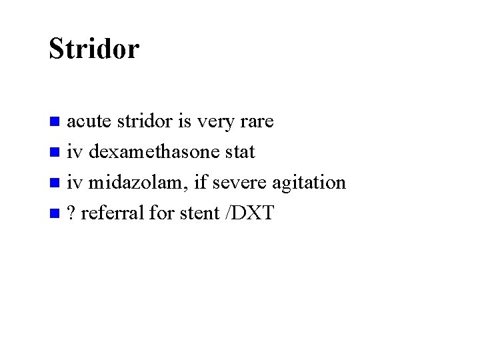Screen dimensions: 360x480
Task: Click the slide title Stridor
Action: pyautogui.click(x=94, y=49)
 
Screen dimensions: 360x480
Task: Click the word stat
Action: pyautogui.click(x=239, y=152)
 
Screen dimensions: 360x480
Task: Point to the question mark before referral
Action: pyautogui.click(x=71, y=213)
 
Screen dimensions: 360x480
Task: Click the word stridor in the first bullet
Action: pyautogui.click(x=145, y=122)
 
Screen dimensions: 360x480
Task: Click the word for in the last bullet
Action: pyautogui.click(x=160, y=213)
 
